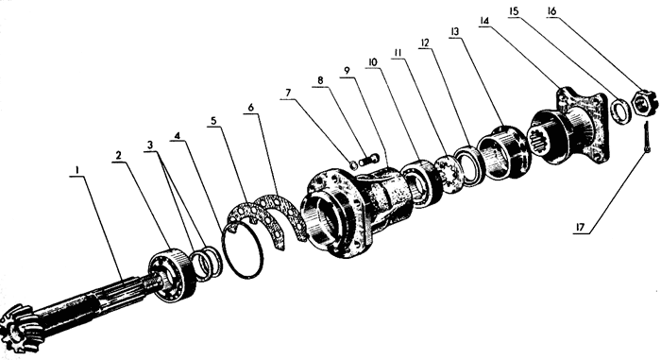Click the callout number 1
(x=77, y=170)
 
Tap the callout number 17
(x=580, y=228)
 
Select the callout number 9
(x=347, y=70)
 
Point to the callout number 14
(x=483, y=20)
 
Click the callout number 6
(x=251, y=107)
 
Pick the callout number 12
(x=425, y=43)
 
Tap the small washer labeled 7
(x=354, y=165)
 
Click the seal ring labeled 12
(x=470, y=164)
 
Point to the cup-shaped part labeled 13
(x=503, y=151)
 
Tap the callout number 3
(x=150, y=145)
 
